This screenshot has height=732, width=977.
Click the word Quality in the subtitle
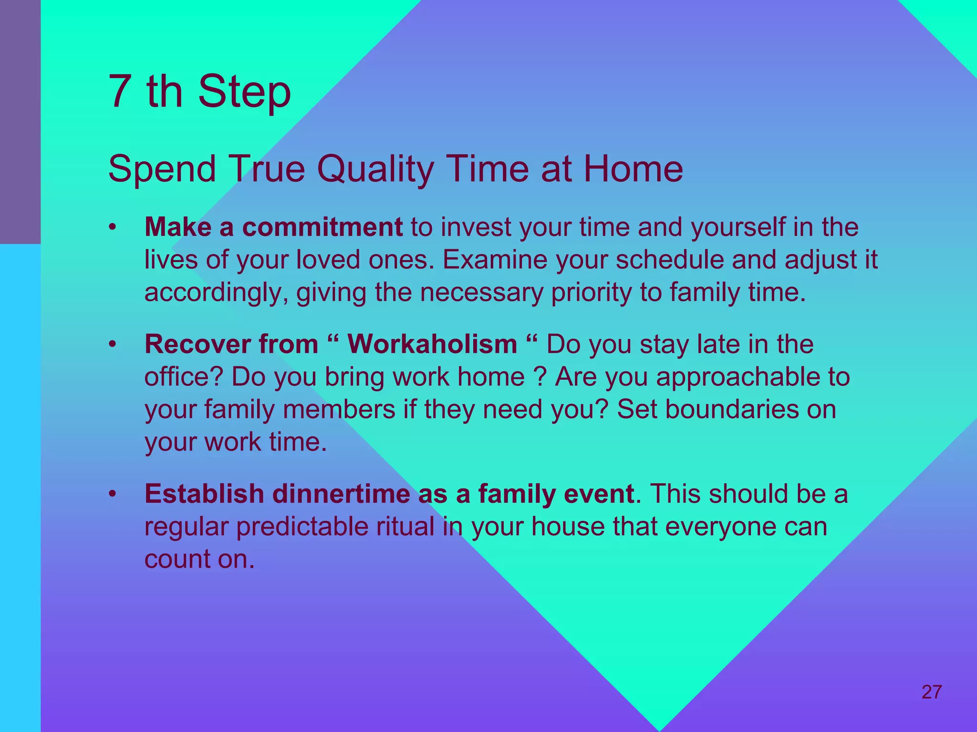pyautogui.click(x=375, y=169)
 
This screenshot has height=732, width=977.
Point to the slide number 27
pyautogui.click(x=931, y=692)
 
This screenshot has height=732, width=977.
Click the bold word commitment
pyautogui.click(x=322, y=227)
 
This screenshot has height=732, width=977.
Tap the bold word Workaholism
pyautogui.click(x=432, y=344)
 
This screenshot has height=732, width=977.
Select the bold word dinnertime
pyautogui.click(x=341, y=494)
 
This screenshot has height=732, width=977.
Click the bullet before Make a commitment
pyautogui.click(x=112, y=227)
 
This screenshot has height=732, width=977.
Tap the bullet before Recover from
pyautogui.click(x=112, y=344)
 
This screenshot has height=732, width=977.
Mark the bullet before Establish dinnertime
pyautogui.click(x=112, y=494)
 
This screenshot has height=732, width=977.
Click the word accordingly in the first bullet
pyautogui.click(x=216, y=293)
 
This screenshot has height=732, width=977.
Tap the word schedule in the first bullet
pyautogui.click(x=670, y=260)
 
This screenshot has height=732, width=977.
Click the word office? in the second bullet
pyautogui.click(x=184, y=376)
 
